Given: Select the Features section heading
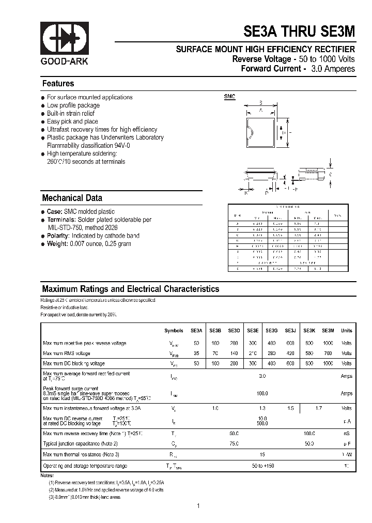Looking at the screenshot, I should [x=58, y=84].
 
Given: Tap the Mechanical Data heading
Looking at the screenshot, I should [x=72, y=198].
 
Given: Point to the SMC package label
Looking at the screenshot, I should [x=229, y=97].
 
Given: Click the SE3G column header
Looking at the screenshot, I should [x=272, y=330].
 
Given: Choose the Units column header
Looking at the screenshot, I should [x=346, y=330].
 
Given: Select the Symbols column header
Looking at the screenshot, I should [x=174, y=330].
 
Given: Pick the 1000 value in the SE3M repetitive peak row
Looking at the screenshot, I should [x=328, y=343].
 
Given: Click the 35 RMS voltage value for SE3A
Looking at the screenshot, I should [x=196, y=353].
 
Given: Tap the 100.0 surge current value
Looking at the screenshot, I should [x=262, y=394].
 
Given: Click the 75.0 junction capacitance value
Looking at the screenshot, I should [x=234, y=443].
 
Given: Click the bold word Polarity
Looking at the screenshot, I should [x=58, y=236].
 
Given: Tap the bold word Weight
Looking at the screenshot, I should [x=57, y=244].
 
